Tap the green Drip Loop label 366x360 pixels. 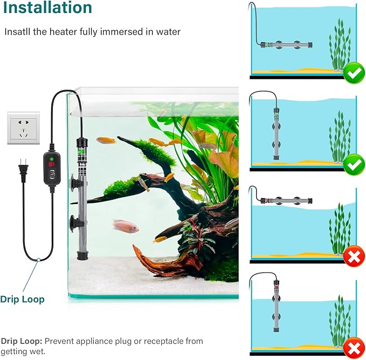tap(22, 298)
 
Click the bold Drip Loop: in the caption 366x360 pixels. tap(21, 341)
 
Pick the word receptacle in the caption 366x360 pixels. tap(161, 341)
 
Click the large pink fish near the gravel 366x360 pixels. tap(126, 226)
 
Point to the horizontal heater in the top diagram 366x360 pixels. tap(286, 44)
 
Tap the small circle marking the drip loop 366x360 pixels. tap(38, 260)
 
